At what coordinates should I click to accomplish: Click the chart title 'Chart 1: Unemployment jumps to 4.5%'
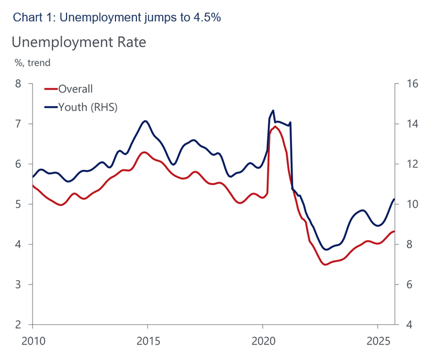click(117, 17)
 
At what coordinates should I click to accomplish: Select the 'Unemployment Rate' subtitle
click(79, 42)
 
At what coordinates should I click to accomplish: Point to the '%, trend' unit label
click(32, 63)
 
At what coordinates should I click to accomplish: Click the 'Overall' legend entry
click(75, 89)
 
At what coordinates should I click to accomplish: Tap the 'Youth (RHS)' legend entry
click(88, 107)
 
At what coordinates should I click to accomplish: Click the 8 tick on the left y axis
click(19, 84)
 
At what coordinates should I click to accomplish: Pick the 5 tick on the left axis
click(19, 204)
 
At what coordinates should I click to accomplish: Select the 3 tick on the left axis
click(19, 285)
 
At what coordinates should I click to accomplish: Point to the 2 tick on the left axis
click(19, 325)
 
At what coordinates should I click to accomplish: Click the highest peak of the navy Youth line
click(273, 110)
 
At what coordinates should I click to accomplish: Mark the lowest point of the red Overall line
click(326, 264)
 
